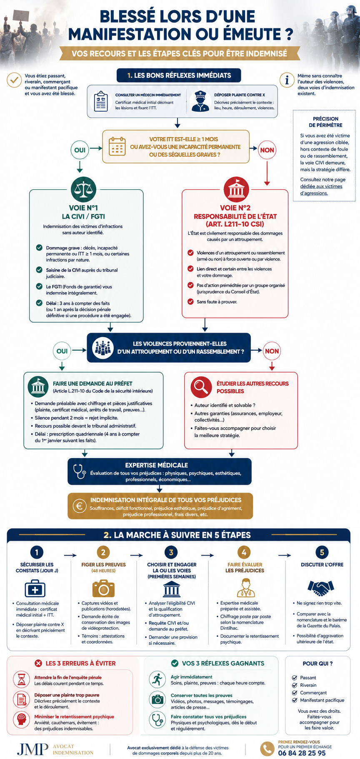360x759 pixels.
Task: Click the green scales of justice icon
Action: (x=83, y=189)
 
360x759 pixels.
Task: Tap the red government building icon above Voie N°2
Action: (x=236, y=189)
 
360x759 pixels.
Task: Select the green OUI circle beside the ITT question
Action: (x=80, y=150)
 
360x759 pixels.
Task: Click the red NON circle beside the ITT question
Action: (x=267, y=150)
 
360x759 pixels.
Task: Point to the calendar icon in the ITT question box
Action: (x=117, y=146)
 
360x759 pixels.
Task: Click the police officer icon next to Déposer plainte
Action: (x=200, y=101)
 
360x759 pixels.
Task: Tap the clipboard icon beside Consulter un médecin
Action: (x=101, y=101)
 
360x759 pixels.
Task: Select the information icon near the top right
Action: (x=287, y=80)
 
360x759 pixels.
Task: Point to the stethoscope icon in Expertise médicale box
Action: (x=79, y=471)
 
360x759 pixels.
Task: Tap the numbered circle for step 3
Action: (x=171, y=553)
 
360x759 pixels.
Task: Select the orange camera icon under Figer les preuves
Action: (x=103, y=589)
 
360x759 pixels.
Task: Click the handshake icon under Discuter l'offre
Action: (x=321, y=588)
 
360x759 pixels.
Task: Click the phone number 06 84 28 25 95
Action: (x=302, y=753)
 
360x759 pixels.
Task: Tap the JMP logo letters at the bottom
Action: (x=32, y=749)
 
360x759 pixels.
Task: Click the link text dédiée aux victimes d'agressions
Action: (x=321, y=190)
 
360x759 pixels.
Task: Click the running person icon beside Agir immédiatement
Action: (x=157, y=679)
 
